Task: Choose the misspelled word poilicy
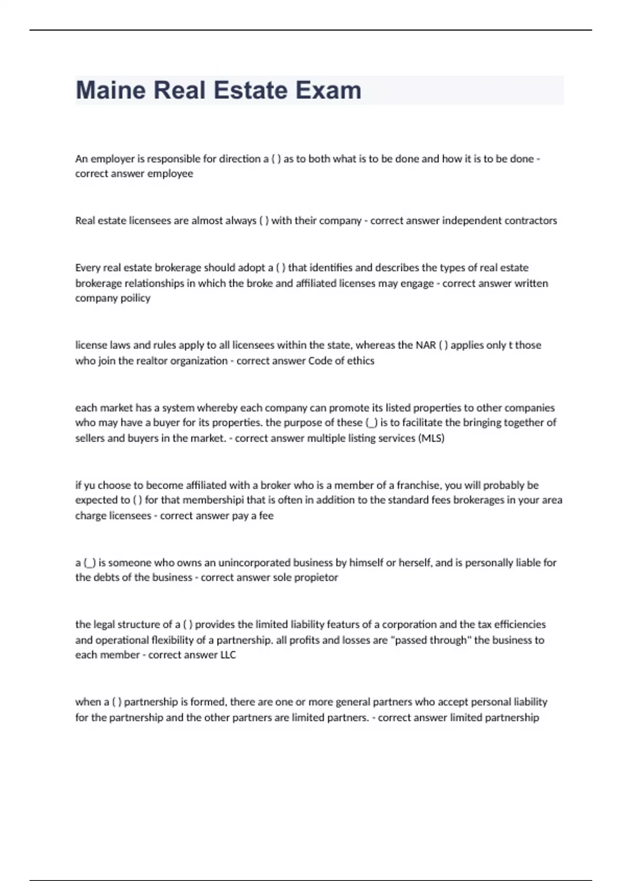coord(135,298)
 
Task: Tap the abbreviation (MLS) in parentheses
coord(431,438)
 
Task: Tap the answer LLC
coord(228,655)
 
